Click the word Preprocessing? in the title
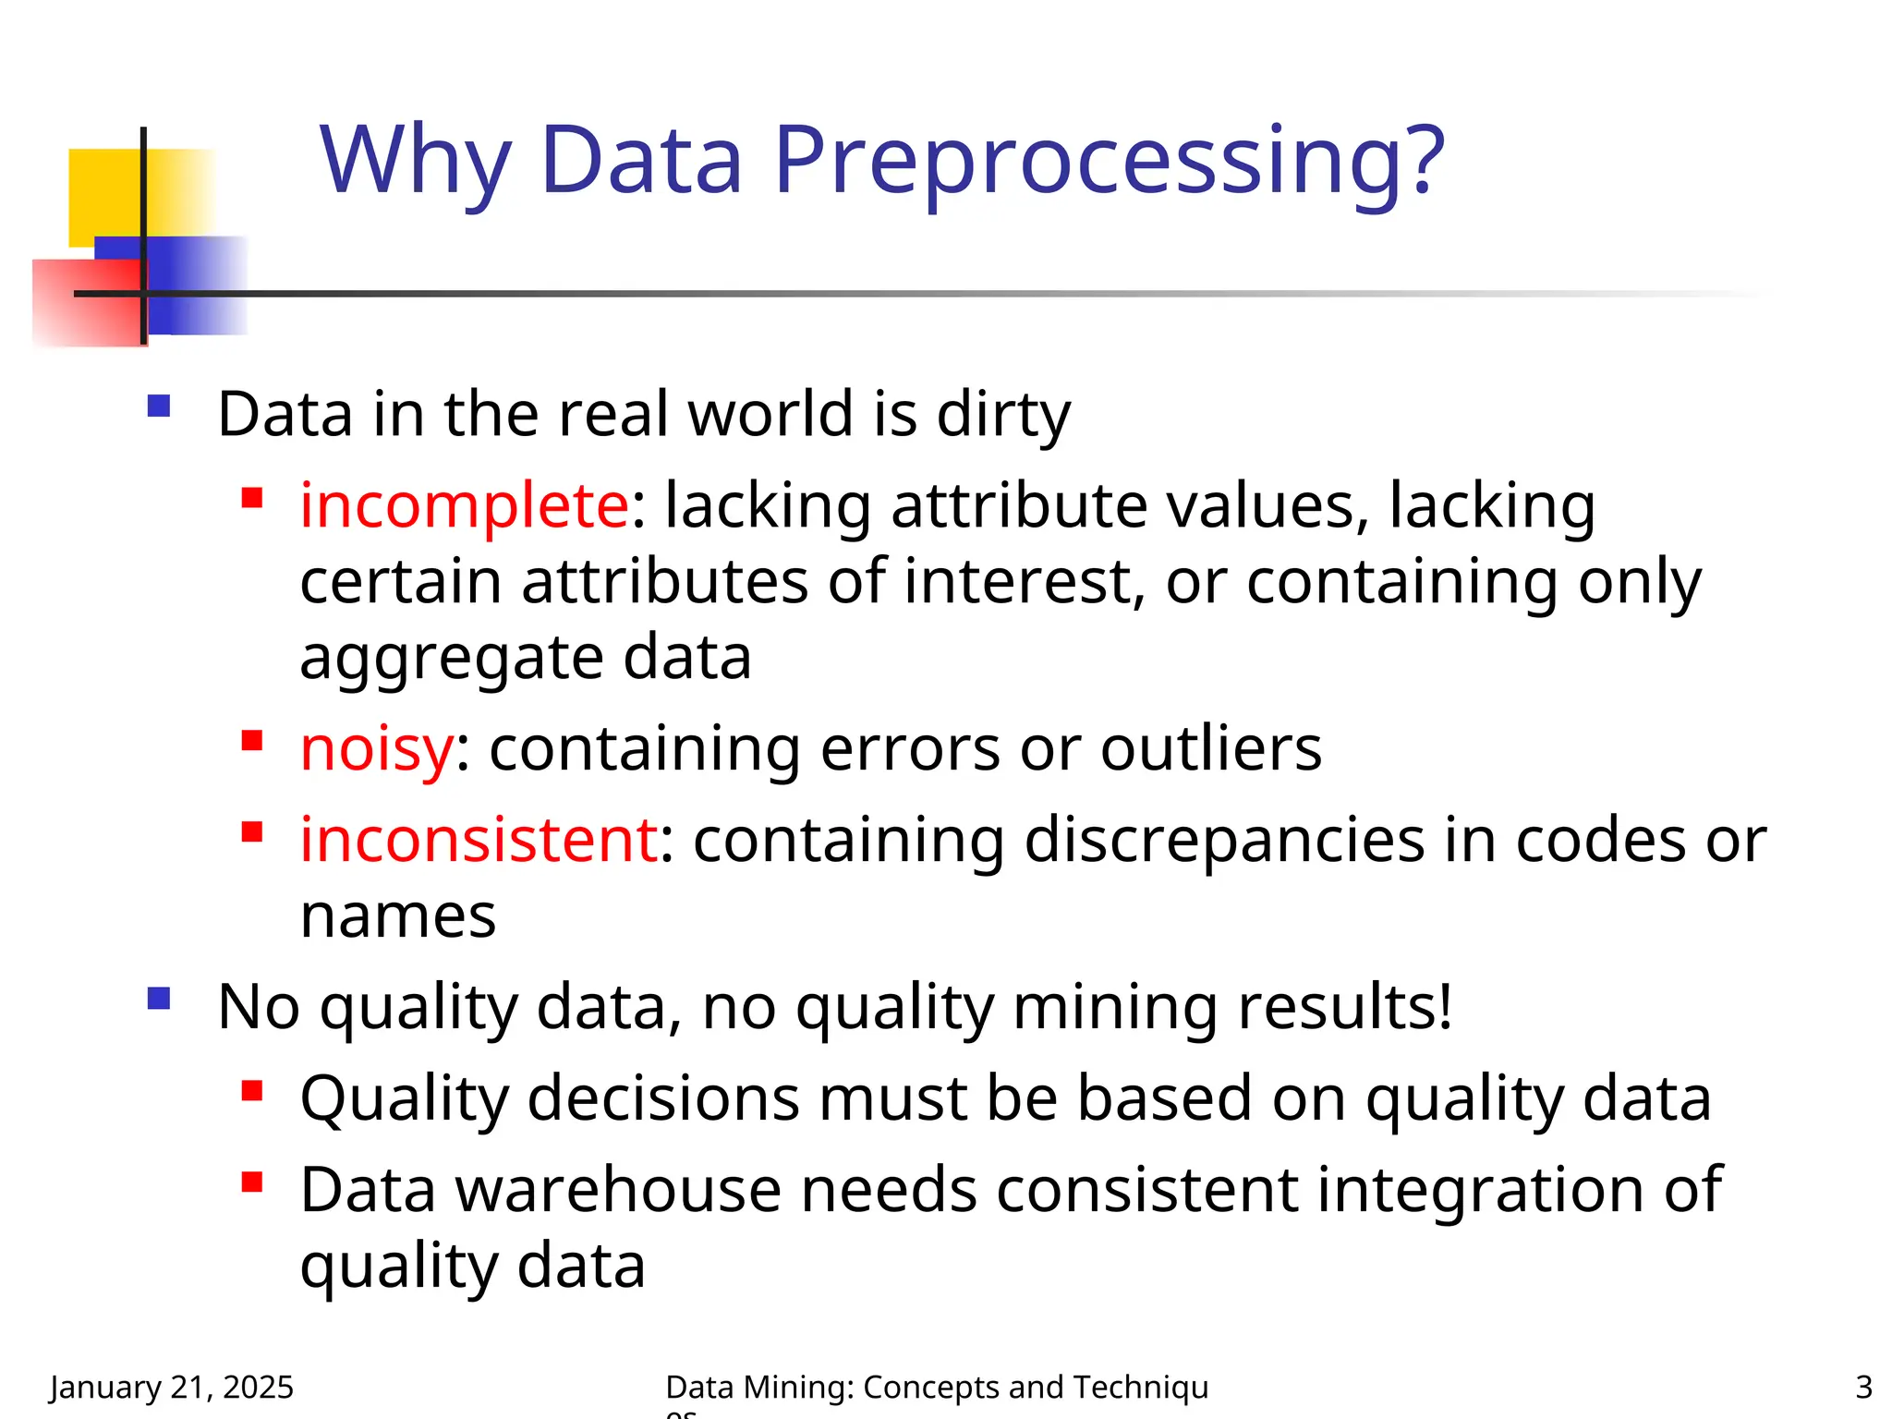1109,162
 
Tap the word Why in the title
416,162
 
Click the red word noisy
377,747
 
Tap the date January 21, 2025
172,1387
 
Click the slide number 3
1863,1387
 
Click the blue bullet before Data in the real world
159,406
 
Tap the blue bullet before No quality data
159,999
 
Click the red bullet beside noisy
252,741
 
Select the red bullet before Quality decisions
252,1092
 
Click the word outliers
1211,747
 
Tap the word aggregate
451,659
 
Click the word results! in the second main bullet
1345,1006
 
